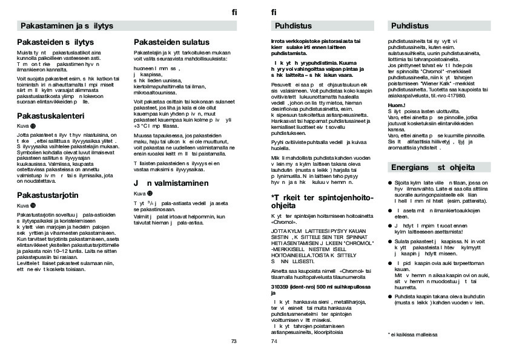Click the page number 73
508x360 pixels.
tap(234, 341)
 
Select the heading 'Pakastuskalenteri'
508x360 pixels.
tap(50, 115)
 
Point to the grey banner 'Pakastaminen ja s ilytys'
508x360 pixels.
tap(67, 26)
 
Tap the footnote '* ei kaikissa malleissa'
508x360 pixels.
tap(414, 334)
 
